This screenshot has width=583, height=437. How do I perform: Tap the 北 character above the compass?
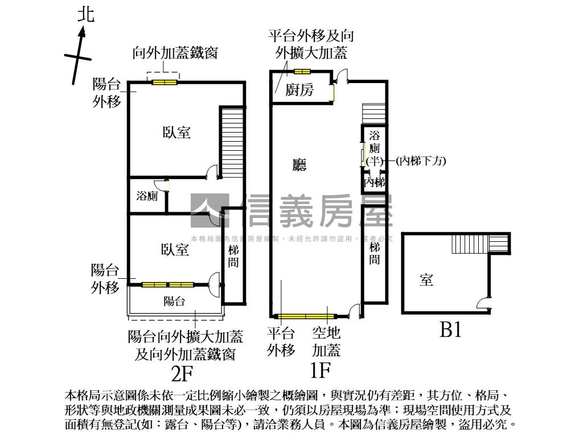click(x=86, y=14)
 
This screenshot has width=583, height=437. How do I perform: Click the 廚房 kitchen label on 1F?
click(x=299, y=89)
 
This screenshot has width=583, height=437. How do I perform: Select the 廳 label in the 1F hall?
click(x=299, y=165)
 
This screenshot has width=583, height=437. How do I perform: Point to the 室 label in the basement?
click(x=426, y=279)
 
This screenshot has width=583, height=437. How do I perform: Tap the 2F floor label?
click(x=183, y=374)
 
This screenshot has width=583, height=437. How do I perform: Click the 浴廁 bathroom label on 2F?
click(x=147, y=196)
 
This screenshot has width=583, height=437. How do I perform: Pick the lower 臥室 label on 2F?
click(x=175, y=249)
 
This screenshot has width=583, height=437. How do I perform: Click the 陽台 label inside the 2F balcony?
click(x=174, y=301)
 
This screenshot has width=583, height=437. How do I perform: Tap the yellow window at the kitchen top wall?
click(x=302, y=72)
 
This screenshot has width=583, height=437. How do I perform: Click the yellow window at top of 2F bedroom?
click(x=165, y=83)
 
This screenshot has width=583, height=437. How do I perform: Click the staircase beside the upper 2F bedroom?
click(x=232, y=142)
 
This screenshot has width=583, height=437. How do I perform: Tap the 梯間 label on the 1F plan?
click(x=374, y=253)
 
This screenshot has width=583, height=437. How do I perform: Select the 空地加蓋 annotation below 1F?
click(x=327, y=341)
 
